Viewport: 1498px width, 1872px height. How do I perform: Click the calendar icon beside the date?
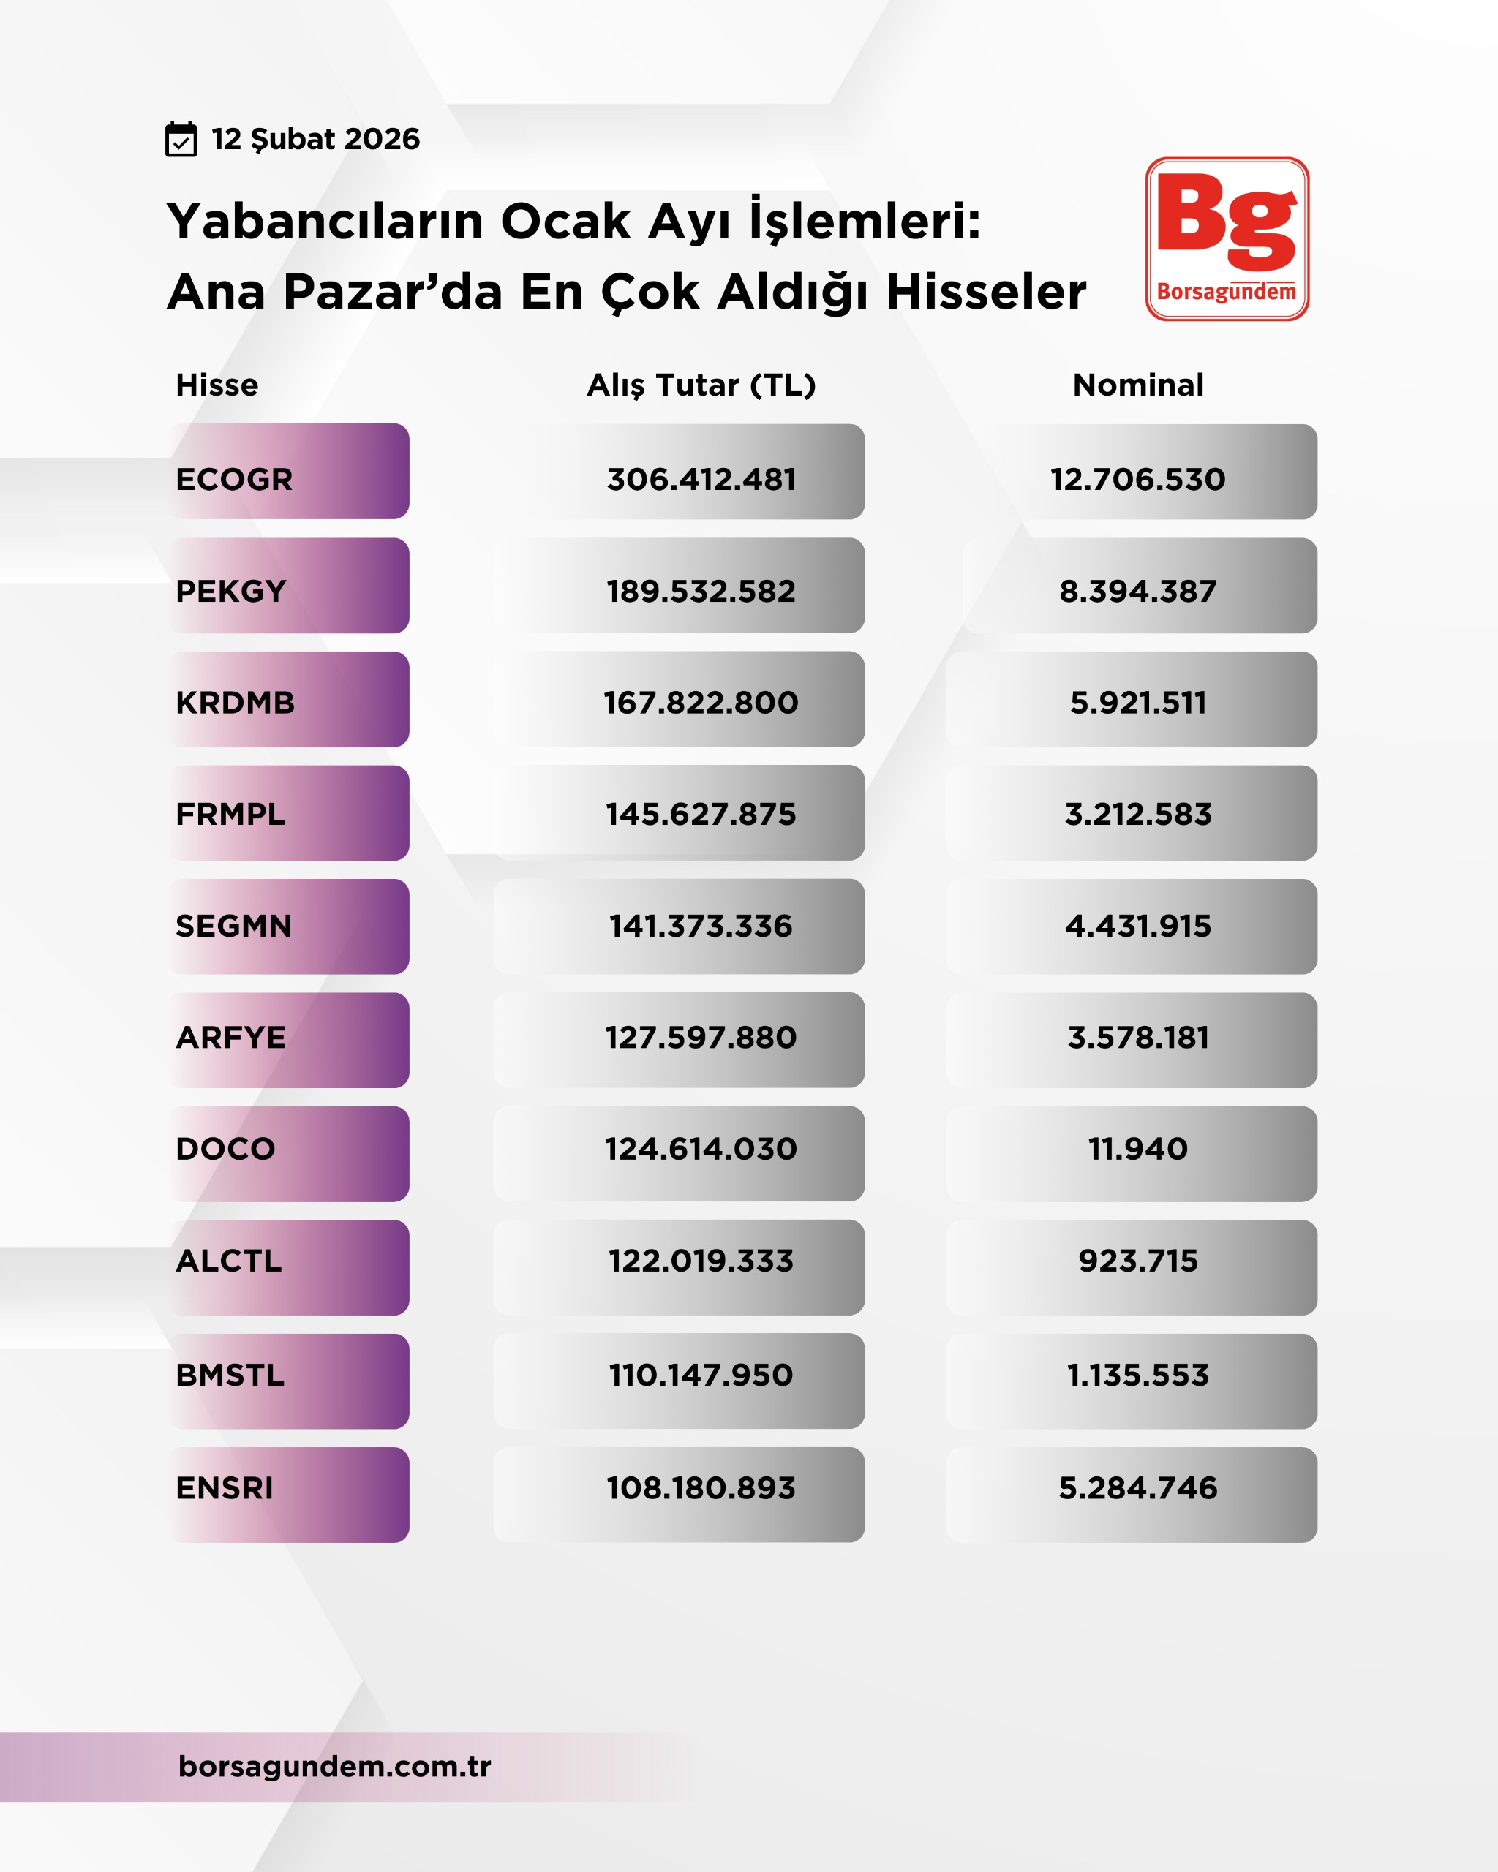(181, 139)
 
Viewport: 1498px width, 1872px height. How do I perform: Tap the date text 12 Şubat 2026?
(315, 139)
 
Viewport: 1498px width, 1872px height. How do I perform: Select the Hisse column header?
(217, 385)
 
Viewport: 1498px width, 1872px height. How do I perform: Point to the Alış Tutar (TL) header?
(701, 385)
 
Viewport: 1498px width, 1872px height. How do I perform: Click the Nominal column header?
(1137, 385)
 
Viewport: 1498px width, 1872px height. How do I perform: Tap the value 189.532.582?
(701, 592)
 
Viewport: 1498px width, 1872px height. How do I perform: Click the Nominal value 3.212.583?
(1137, 814)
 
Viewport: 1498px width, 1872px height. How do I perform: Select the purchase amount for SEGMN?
(701, 926)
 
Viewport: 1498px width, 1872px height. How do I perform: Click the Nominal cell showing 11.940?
(1137, 1149)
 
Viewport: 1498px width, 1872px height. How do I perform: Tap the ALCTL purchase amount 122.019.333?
(701, 1261)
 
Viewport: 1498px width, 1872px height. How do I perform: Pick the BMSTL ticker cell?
(289, 1375)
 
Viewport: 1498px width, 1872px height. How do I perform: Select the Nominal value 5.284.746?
(1137, 1488)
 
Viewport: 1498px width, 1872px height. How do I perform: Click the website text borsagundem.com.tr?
(334, 1766)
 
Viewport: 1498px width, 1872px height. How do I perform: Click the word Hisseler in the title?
(986, 292)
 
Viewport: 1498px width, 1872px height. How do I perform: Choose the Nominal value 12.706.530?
(1137, 479)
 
